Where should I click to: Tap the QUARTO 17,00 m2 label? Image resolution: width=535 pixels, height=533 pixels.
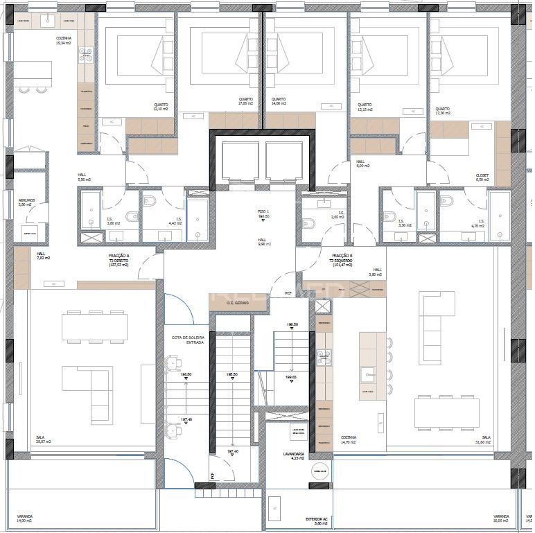click(x=245, y=102)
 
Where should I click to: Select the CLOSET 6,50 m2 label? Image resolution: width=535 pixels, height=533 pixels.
click(x=482, y=177)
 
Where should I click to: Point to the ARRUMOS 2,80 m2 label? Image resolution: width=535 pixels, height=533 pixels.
click(x=25, y=202)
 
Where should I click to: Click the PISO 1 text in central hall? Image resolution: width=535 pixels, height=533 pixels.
click(x=263, y=213)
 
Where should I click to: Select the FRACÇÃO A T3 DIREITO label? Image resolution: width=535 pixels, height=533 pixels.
click(x=119, y=258)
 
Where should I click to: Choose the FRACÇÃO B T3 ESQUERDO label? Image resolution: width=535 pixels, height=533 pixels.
click(x=342, y=258)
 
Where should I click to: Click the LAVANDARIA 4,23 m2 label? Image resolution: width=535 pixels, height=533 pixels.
click(x=286, y=456)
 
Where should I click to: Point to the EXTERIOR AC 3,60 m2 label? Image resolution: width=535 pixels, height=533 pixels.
click(x=316, y=520)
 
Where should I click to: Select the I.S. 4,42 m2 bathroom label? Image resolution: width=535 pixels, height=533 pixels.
click(x=178, y=221)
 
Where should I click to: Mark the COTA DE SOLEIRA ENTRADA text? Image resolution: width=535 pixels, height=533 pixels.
click(x=188, y=340)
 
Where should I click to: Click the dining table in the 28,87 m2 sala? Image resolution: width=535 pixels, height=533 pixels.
click(x=94, y=326)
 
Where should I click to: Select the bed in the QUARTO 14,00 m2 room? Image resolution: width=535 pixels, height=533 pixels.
click(x=303, y=55)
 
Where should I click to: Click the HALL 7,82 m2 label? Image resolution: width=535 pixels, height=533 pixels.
click(x=43, y=256)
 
